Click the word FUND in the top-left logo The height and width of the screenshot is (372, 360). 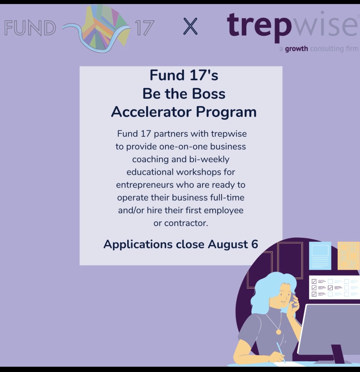30,28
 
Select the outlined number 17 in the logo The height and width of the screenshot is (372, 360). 144,28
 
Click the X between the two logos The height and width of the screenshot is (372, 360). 190,26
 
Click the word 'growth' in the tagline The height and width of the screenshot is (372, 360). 296,49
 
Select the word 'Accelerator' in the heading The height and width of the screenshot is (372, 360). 151,112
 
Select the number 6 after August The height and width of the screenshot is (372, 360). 255,244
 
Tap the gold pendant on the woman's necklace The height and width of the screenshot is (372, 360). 278,332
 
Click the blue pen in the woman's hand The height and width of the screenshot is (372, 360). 281,352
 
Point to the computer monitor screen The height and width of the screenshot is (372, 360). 328,329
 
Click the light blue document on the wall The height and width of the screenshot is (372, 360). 320,255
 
